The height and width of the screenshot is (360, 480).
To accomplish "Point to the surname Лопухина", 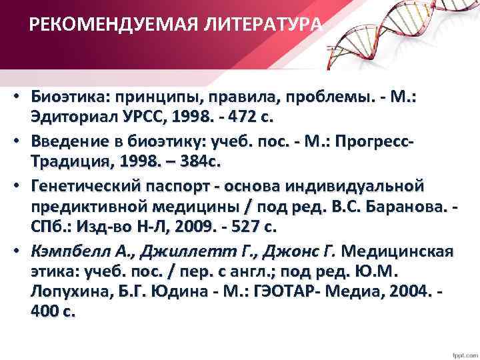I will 65,292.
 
